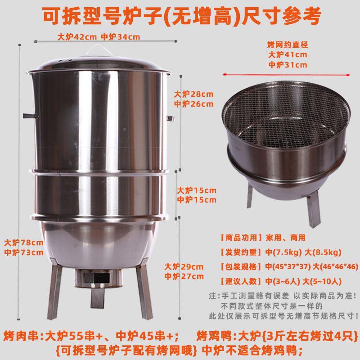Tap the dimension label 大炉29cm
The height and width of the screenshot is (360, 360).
click(x=184, y=266)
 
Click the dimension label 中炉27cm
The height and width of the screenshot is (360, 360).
click(x=184, y=276)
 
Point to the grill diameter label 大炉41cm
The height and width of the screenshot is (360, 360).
click(x=288, y=54)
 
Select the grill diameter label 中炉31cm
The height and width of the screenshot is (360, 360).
click(x=288, y=64)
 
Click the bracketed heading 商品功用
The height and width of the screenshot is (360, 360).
click(x=240, y=237)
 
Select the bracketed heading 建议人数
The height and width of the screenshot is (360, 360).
click(x=240, y=282)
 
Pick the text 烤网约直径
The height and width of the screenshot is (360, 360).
click(x=288, y=45)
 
